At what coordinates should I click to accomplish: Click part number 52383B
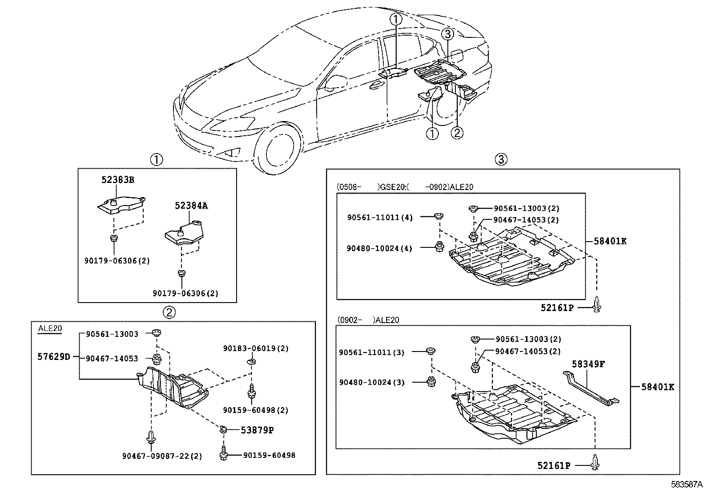117,180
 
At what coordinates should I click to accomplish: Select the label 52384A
191,206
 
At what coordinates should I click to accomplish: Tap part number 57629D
54,357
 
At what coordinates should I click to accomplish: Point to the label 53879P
257,430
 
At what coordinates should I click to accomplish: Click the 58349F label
588,364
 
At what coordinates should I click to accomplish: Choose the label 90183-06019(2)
256,348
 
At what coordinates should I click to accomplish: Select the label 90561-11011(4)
380,217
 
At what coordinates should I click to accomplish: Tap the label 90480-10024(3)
372,382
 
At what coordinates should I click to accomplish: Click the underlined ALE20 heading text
50,328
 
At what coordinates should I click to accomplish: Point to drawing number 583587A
687,484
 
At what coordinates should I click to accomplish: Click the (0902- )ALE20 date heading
368,320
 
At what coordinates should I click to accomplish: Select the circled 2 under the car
457,133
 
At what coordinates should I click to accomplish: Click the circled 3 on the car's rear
447,34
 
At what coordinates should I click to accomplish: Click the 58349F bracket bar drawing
591,388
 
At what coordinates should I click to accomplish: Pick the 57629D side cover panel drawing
173,388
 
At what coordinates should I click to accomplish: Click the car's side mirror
335,82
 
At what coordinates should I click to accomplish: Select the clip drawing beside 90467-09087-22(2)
151,437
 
